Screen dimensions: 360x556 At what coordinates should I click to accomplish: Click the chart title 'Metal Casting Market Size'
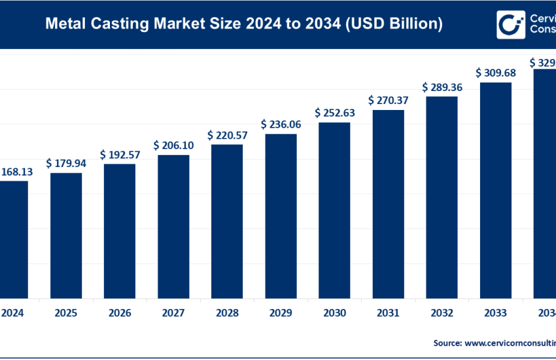243,25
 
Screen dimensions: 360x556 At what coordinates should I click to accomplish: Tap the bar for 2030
334,209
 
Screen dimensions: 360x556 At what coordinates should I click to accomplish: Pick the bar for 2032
442,196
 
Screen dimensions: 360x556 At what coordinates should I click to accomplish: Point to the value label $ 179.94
66,163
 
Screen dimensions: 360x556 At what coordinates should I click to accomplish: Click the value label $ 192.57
120,154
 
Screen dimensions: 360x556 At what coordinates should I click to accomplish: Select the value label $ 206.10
173,145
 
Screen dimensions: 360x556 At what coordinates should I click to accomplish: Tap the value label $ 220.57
227,135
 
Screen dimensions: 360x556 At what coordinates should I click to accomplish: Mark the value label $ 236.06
281,124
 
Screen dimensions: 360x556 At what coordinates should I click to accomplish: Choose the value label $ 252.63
334,113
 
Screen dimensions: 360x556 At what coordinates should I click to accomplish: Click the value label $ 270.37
388,100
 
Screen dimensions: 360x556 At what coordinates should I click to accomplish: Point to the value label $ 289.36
442,86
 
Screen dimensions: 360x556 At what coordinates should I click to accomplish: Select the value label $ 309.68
495,73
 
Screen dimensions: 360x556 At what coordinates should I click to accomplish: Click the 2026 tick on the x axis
120,313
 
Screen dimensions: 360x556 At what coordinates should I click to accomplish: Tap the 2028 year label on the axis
227,313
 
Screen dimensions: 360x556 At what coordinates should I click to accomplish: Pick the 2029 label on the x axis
281,313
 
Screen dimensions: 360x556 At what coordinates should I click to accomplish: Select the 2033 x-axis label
495,313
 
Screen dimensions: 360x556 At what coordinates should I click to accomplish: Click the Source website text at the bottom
494,342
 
